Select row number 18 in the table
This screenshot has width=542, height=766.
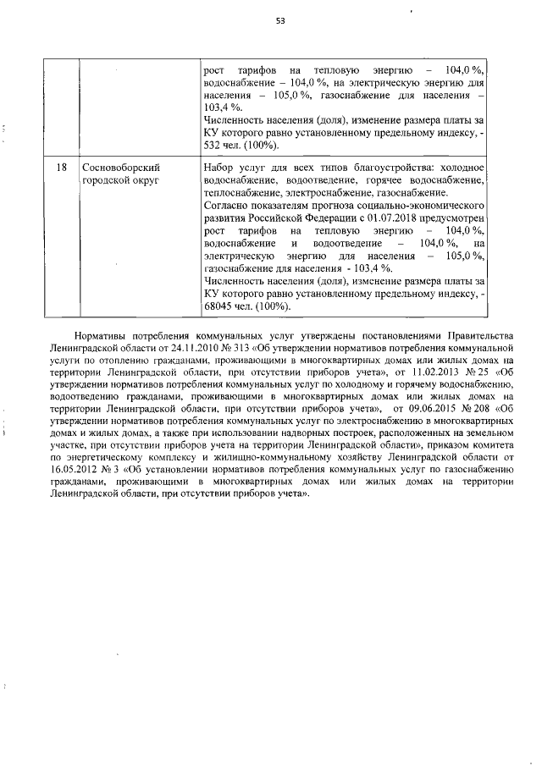(x=62, y=168)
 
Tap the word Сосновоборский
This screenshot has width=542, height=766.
(x=121, y=168)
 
